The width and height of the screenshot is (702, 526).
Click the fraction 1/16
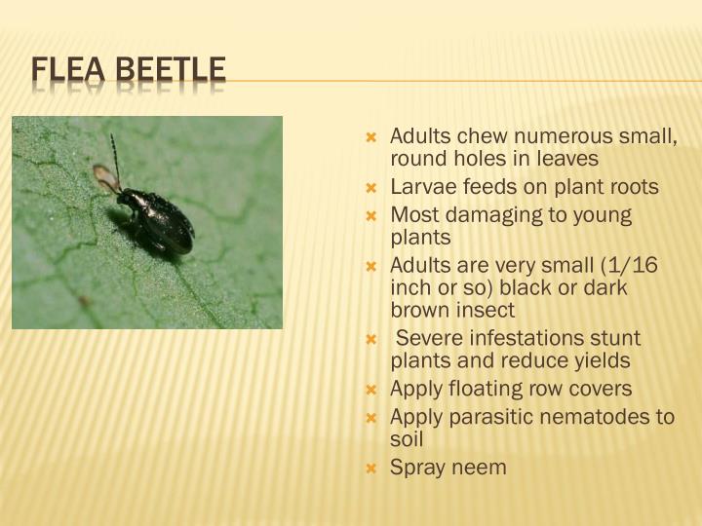click(633, 265)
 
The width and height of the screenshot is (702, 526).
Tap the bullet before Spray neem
click(370, 469)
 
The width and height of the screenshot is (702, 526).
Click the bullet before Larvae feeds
click(370, 187)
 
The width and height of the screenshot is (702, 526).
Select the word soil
click(407, 439)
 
